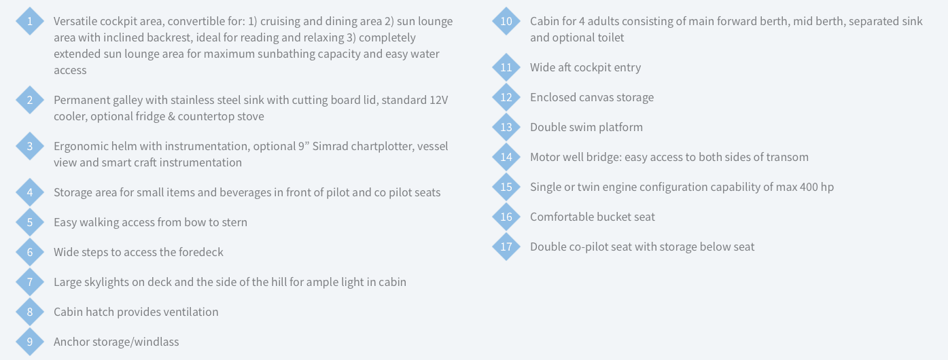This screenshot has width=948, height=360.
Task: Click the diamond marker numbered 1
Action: tap(30, 21)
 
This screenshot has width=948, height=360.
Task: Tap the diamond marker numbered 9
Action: tap(30, 342)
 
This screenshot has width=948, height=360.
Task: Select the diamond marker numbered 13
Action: tap(506, 127)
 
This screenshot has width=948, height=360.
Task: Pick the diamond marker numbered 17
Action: tap(506, 247)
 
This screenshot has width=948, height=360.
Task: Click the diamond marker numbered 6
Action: tap(30, 252)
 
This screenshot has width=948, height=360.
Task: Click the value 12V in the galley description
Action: tap(439, 101)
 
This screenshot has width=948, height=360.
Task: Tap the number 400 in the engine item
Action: tap(809, 187)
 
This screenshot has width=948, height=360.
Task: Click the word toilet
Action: tap(610, 37)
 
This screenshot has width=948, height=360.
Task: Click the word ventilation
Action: tap(191, 312)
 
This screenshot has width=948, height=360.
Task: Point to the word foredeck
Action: tap(201, 253)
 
